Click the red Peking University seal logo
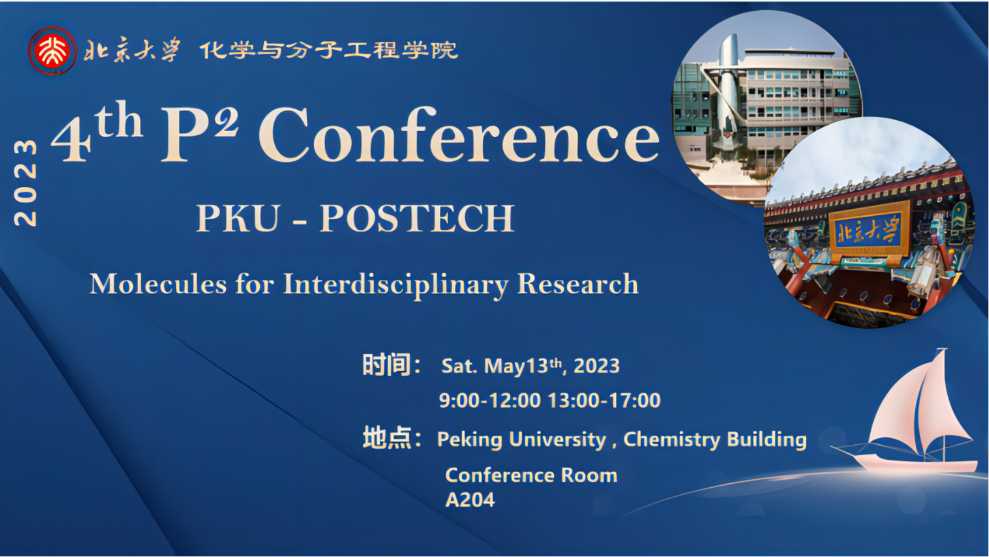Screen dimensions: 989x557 pos(52,51)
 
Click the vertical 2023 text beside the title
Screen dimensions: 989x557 pos(26,182)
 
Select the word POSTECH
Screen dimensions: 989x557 pos(417,218)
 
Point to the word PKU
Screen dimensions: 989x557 pos(238,218)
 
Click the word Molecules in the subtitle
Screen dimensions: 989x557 pos(158,284)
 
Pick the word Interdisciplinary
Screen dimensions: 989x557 pos(395,285)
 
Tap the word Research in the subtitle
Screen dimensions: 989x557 pos(578,284)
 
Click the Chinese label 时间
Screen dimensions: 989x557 pos(386,365)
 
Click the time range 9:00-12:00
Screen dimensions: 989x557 pos(490,400)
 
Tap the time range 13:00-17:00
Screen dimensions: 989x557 pos(604,400)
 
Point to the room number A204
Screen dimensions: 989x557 pos(470,500)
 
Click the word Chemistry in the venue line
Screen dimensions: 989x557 pos(672,439)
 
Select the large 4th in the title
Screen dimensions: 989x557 pos(97,132)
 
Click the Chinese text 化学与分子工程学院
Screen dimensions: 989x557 pos(329,50)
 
